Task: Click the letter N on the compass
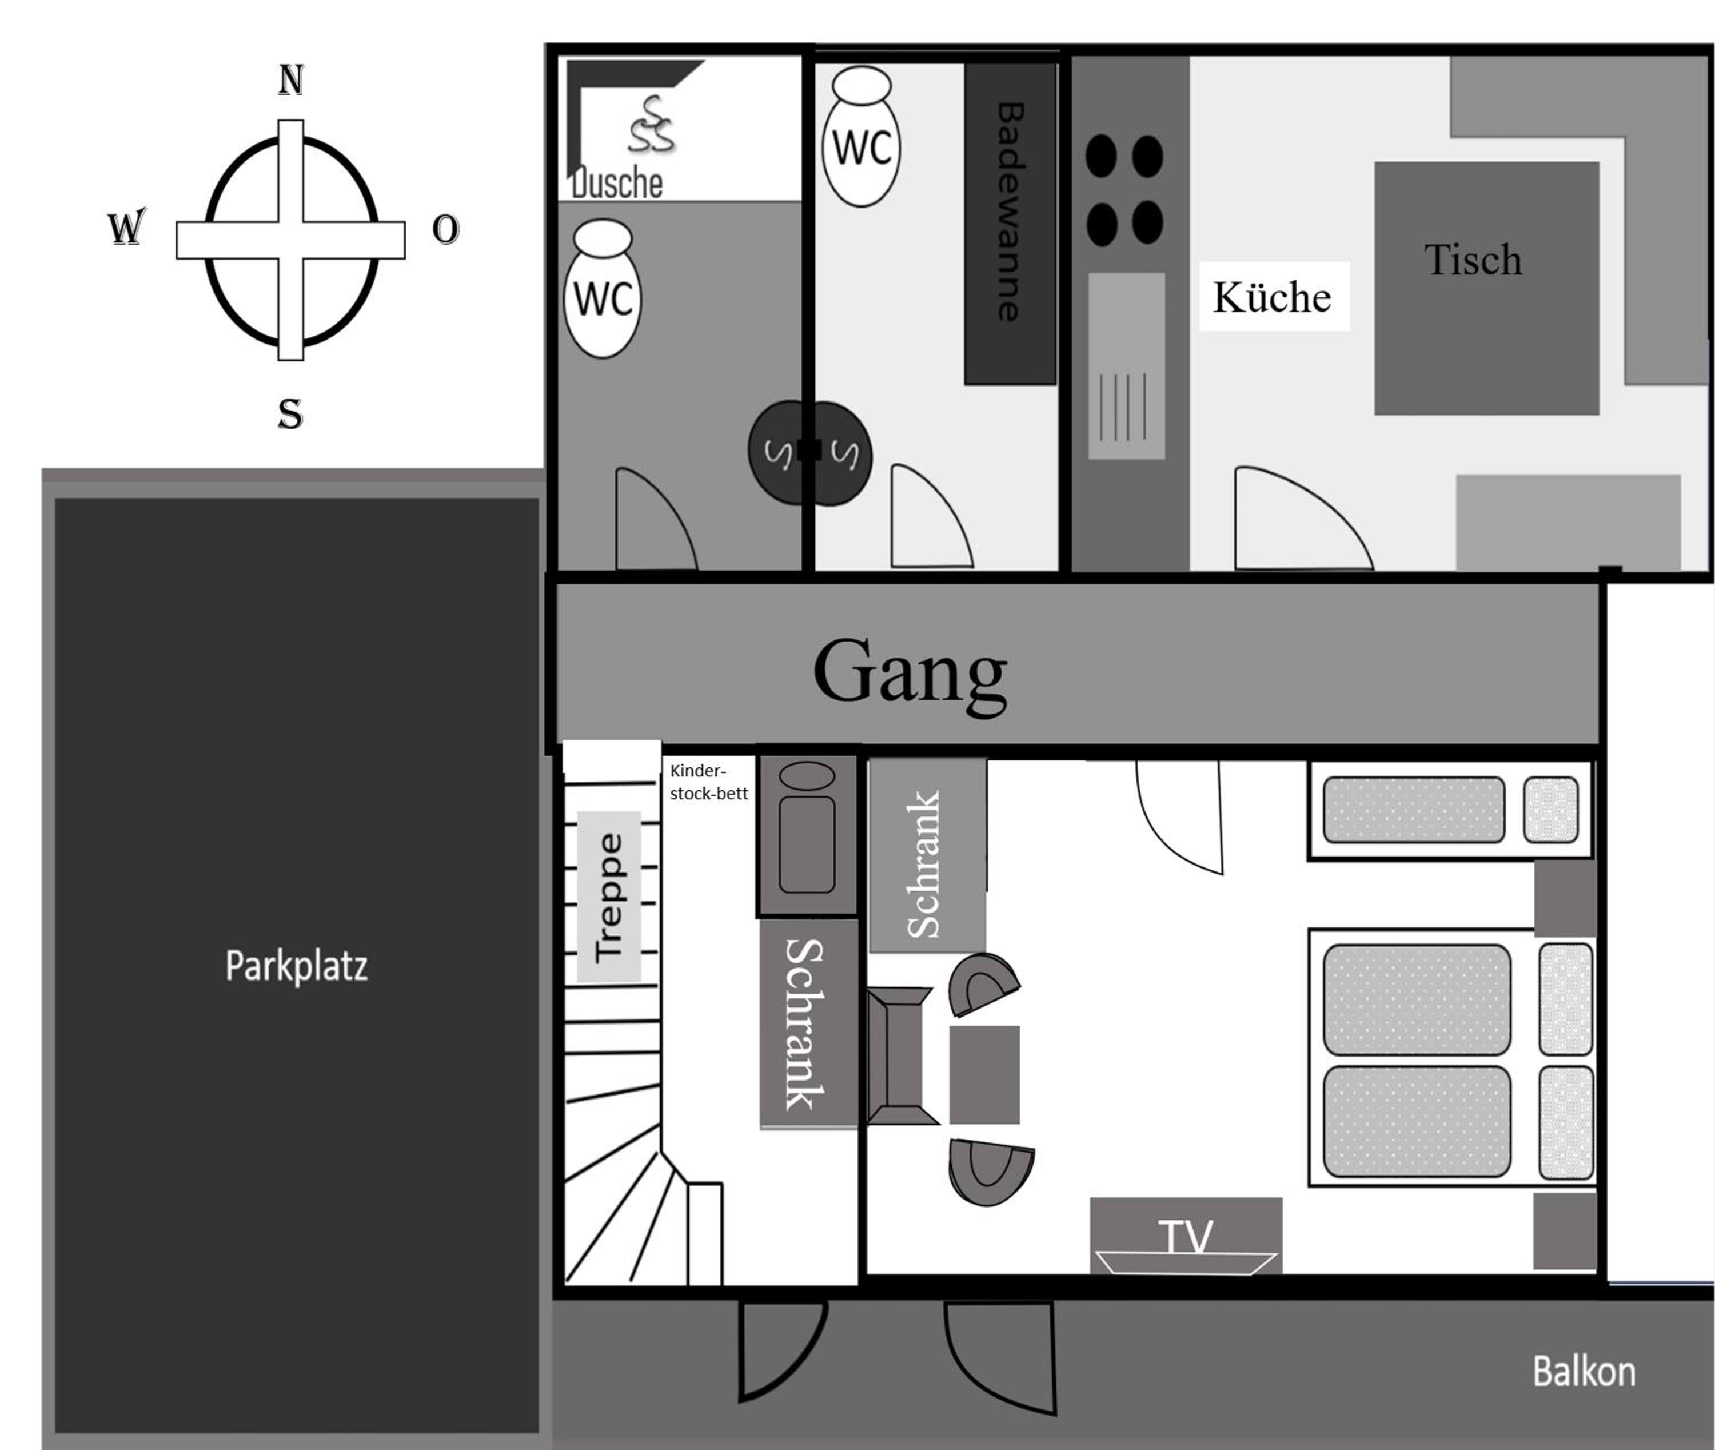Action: [291, 81]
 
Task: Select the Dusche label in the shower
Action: [617, 184]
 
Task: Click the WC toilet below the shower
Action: [603, 289]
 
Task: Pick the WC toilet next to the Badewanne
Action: [861, 137]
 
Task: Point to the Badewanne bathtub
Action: [1010, 224]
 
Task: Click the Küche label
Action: [1272, 297]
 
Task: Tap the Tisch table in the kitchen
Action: [1486, 288]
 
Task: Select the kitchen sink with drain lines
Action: [1127, 366]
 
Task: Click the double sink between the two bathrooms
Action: [809, 453]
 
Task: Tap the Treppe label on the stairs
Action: [609, 898]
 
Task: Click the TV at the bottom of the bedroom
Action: [1186, 1236]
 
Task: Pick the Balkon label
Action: [1584, 1372]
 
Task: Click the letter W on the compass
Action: [126, 227]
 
